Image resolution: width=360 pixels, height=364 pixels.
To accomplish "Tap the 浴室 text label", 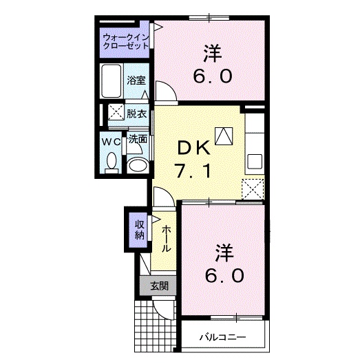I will [136, 80].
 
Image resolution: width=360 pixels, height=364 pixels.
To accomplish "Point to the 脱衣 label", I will [136, 114].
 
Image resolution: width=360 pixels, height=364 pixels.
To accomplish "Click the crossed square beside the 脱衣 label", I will [114, 114].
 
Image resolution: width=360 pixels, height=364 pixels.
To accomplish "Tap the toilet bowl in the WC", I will [112, 162].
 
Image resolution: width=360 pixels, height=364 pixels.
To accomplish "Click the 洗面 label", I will [138, 139].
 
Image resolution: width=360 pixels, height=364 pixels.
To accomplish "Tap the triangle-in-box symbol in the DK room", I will [224, 136].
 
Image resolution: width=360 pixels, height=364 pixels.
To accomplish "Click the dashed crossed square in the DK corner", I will [254, 187].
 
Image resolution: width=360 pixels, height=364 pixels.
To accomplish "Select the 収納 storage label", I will [140, 228].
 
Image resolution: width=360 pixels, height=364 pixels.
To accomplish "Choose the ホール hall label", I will [167, 239].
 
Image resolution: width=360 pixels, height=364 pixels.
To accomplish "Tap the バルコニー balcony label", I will [222, 338].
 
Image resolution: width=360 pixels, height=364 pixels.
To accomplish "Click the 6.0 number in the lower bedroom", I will [224, 276].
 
